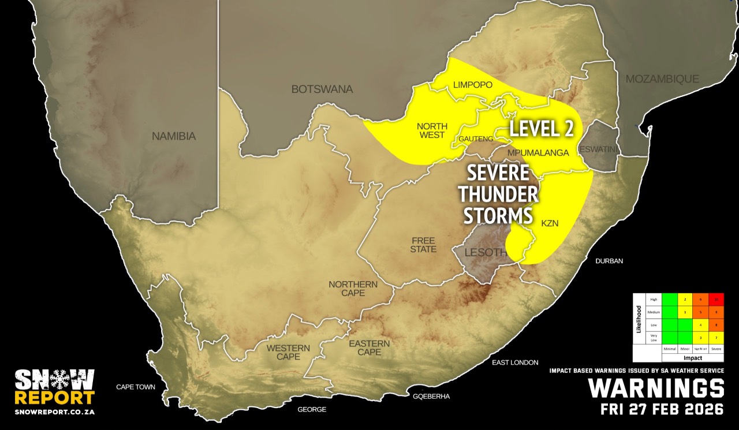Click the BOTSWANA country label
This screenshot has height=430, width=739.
[322, 89]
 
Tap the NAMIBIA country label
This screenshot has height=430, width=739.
[174, 137]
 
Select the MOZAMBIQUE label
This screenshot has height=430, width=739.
[662, 79]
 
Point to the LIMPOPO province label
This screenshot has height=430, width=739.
[472, 85]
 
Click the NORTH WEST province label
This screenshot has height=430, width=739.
[431, 130]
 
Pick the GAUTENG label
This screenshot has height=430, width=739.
[476, 139]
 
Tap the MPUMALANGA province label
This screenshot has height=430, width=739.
[538, 153]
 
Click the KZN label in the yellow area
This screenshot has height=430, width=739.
[550, 223]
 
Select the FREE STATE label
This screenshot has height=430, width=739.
[424, 244]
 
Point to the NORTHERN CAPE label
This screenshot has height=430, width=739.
[353, 289]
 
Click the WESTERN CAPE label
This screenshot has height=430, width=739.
[288, 352]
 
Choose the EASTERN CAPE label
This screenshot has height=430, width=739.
[369, 347]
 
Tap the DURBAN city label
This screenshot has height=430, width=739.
[609, 261]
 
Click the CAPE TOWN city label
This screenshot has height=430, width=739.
[136, 387]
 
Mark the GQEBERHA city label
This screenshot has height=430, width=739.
[431, 397]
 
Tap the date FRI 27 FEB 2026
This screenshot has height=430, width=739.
[662, 410]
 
